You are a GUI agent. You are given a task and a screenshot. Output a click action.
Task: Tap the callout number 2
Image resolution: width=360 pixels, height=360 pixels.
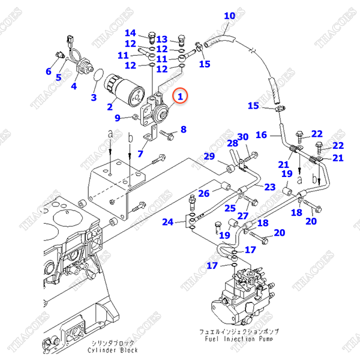click(110, 107)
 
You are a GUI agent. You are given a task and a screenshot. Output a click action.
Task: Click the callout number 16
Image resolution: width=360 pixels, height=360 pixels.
click(260, 136)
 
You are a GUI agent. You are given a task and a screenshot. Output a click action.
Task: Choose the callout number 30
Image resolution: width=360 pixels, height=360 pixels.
click(243, 137)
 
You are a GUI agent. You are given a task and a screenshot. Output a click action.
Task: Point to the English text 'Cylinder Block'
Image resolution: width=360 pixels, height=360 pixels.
click(112, 350)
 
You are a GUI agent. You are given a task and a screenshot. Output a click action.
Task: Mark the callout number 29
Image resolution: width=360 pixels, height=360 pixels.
click(209, 157)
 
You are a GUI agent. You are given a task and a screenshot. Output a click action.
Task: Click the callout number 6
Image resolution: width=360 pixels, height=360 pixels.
click(49, 72)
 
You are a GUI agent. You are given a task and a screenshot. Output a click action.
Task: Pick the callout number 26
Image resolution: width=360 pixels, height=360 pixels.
click(204, 193)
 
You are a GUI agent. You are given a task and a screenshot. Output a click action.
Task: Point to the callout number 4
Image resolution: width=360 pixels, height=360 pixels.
click(74, 86)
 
